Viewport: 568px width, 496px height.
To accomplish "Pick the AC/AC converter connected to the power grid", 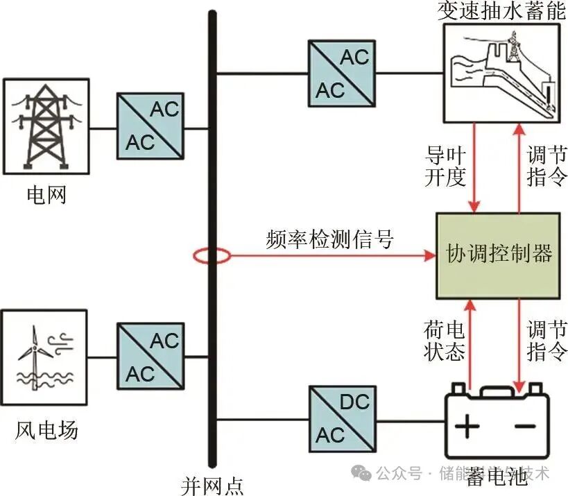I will click(151, 126).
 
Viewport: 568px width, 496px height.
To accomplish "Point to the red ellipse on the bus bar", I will click(212, 257).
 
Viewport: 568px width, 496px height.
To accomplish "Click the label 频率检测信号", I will click(329, 239).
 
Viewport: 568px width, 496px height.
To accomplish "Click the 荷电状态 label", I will click(445, 339).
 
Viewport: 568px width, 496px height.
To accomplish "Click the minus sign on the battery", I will click(525, 425).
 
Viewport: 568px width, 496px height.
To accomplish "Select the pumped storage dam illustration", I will click(501, 73).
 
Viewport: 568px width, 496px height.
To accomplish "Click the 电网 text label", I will click(46, 195).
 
